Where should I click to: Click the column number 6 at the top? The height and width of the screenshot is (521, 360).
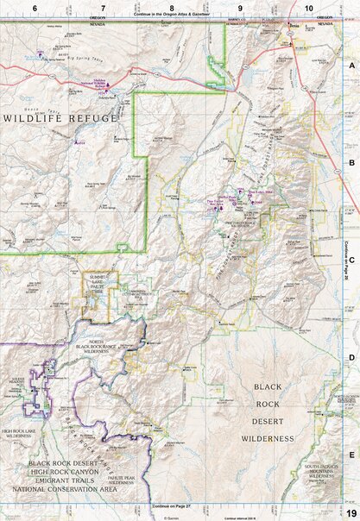[x=35, y=7]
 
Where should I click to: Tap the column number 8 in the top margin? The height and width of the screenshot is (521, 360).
[x=173, y=7]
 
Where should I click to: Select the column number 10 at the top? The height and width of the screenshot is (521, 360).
[x=309, y=7]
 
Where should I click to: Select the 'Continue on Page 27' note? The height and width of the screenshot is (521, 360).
[x=171, y=505]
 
